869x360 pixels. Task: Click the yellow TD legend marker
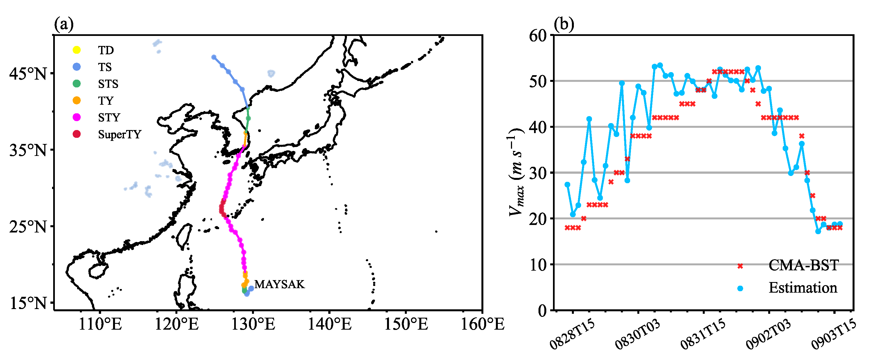[77, 50]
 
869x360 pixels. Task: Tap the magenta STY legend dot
[77, 117]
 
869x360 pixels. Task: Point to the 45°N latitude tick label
[28, 73]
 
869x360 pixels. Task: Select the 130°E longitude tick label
[253, 324]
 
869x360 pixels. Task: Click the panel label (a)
[63, 24]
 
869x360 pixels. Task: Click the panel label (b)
[564, 24]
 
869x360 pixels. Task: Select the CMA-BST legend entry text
[804, 265]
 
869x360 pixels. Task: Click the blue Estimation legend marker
[740, 288]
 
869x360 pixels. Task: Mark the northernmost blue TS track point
[214, 57]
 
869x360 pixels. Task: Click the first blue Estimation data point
[567, 185]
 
